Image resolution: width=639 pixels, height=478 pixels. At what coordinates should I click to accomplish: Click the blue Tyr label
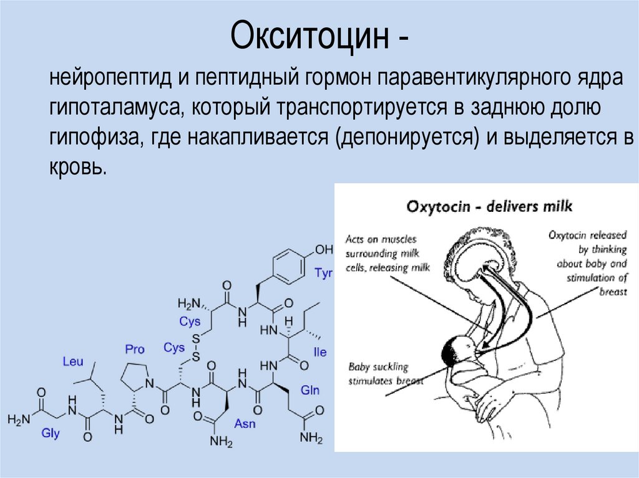(x=324, y=273)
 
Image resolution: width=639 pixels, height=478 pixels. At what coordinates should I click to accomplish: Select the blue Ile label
(x=320, y=352)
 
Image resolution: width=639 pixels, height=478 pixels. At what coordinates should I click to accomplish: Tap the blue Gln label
(x=310, y=390)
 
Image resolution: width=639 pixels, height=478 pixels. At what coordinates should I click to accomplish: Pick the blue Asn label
(x=243, y=424)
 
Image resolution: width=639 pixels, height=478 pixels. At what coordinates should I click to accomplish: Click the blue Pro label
(x=134, y=349)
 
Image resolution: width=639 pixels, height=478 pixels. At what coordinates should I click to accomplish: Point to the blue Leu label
(x=72, y=361)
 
